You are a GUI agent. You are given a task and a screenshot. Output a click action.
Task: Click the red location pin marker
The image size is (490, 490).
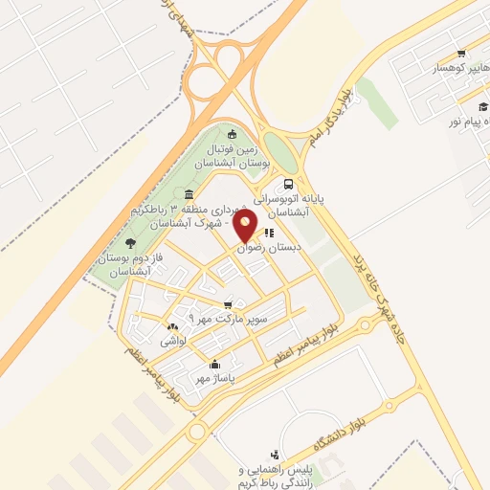pyautogui.click(x=246, y=226)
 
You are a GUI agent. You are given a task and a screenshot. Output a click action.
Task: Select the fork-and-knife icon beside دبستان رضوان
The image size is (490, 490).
pyautogui.click(x=271, y=231)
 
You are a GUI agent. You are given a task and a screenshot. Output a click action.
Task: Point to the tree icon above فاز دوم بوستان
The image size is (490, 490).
pyautogui.click(x=130, y=243)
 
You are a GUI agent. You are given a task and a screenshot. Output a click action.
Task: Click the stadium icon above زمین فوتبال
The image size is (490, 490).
pyautogui.click(x=232, y=133)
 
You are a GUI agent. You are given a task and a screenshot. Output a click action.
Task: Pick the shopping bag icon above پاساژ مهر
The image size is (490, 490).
pyautogui.click(x=215, y=364)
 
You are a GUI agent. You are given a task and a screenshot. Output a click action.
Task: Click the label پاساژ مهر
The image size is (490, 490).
pyautogui.click(x=215, y=378)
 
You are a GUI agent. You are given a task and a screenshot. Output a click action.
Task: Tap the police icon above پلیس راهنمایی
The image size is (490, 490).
pyautogui.click(x=276, y=455)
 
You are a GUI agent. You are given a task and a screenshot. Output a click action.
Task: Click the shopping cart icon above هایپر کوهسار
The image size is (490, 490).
pyautogui.click(x=461, y=54)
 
